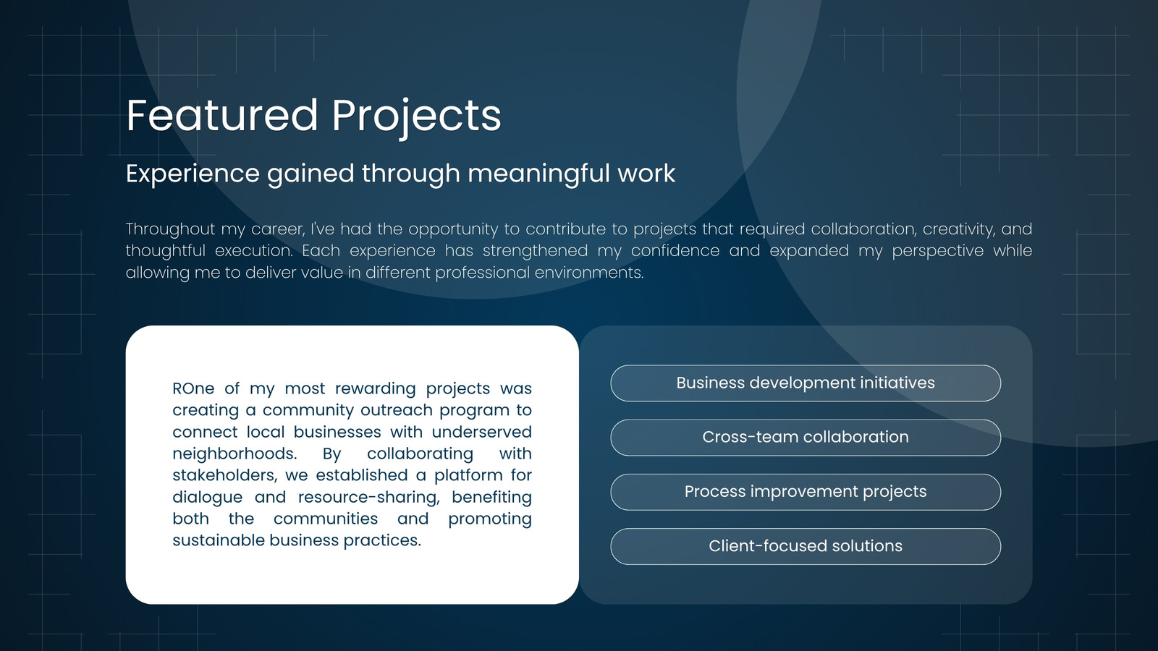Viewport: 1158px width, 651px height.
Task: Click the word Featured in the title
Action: [x=221, y=115]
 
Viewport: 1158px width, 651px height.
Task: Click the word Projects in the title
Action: [x=417, y=119]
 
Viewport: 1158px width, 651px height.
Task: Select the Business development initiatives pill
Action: [x=806, y=383]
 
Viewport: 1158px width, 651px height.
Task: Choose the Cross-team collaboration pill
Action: [x=806, y=438]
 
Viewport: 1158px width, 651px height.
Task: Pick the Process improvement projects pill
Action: [x=806, y=492]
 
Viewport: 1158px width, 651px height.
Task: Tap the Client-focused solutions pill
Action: [x=806, y=546]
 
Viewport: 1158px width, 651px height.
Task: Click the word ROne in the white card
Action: [x=193, y=388]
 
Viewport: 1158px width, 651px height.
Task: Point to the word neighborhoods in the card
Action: [x=234, y=454]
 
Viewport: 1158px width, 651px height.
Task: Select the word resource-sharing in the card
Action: [x=369, y=497]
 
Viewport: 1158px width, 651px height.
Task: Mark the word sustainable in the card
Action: [x=218, y=540]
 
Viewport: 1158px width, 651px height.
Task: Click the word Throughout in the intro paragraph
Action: [x=171, y=229]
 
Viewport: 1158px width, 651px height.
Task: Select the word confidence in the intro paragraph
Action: [x=675, y=250]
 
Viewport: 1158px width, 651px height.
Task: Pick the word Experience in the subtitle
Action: [x=193, y=174]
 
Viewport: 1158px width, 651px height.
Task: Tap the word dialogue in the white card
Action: [x=207, y=498]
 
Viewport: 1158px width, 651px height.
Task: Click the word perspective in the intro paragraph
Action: [x=938, y=251]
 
